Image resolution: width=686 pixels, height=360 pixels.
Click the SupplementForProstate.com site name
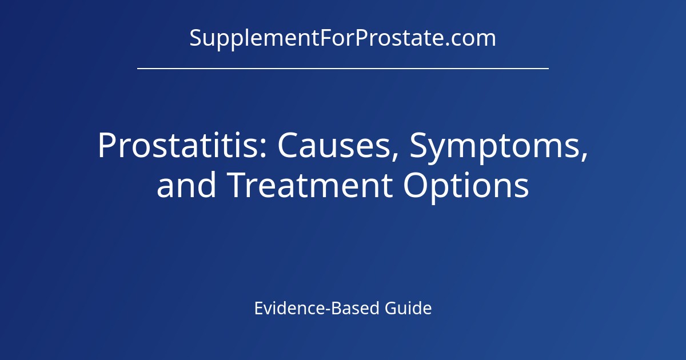tap(342, 38)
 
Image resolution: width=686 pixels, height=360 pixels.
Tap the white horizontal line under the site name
tap(343, 68)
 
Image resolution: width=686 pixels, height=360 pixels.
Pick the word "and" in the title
tap(186, 186)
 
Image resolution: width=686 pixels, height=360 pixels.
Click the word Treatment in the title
tap(309, 186)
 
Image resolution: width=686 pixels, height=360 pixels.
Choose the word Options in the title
tap(466, 186)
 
